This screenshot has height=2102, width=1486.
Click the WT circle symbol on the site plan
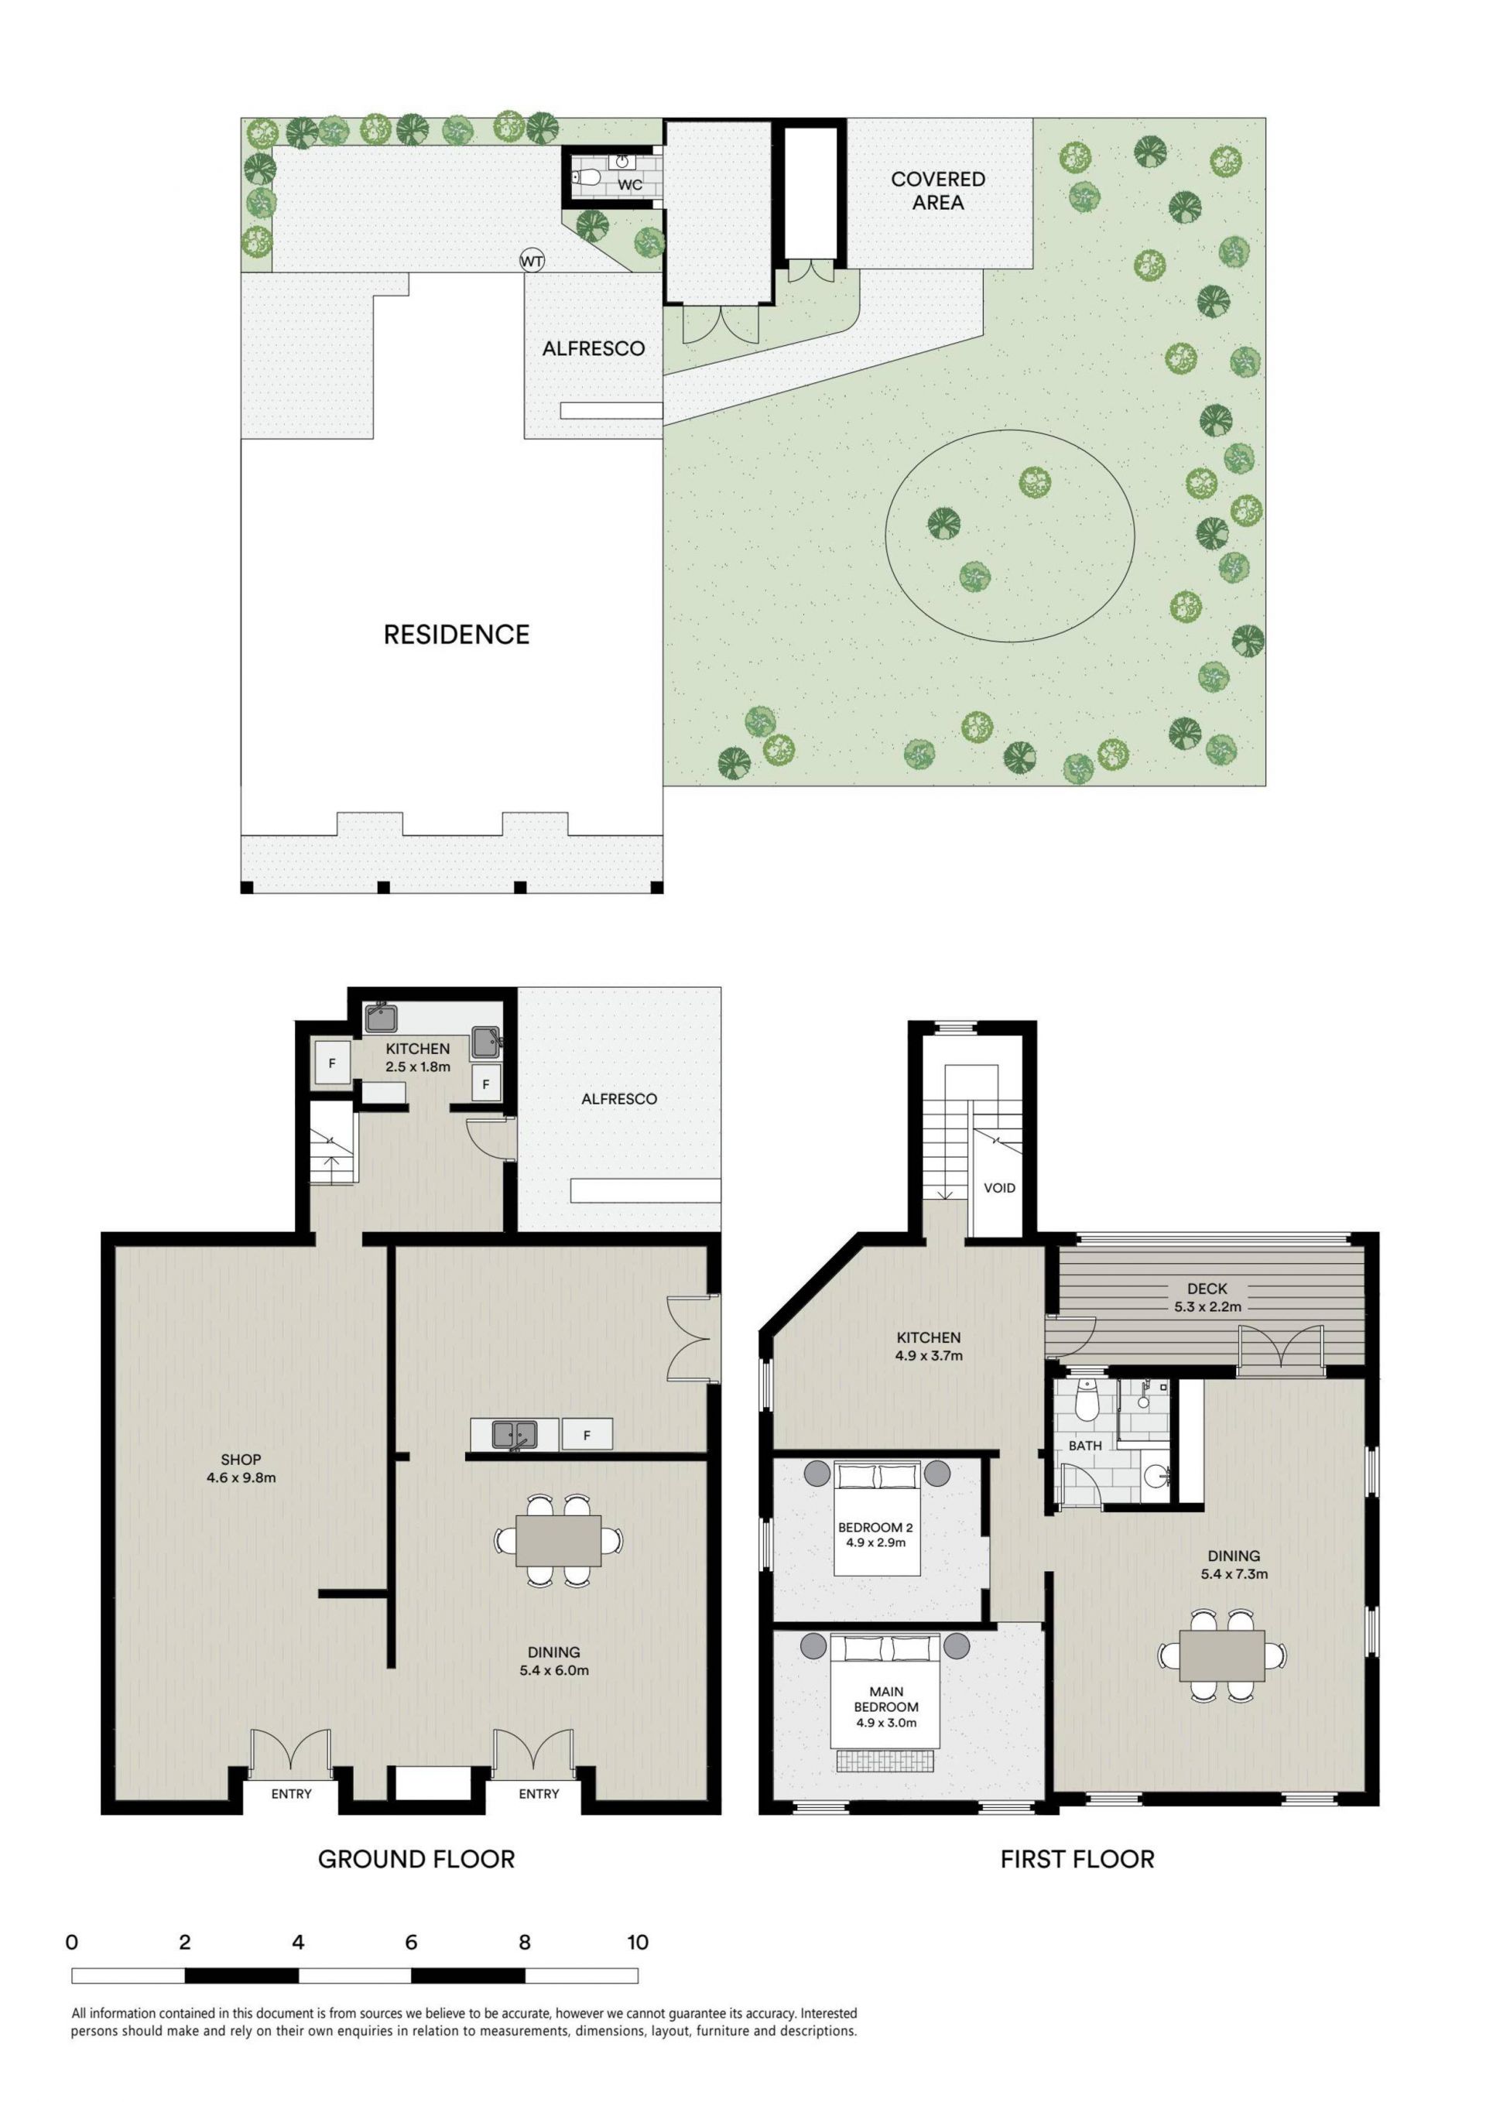532,261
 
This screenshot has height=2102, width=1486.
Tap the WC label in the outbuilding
630,185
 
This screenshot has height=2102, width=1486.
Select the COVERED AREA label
939,190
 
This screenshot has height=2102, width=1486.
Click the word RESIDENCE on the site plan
456,635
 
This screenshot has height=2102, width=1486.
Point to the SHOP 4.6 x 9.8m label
241,1468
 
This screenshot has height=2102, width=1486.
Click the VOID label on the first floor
999,1188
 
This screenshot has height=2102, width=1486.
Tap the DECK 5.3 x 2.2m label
1207,1297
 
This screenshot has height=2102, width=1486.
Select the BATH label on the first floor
1085,1446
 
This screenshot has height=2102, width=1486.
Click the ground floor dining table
559,1541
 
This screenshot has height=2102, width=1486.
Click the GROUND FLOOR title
416,1860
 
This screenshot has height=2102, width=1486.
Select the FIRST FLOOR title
1077,1860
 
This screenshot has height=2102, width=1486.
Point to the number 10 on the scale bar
637,1942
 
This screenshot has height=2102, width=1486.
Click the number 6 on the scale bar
411,1942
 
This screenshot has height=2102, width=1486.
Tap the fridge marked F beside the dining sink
587,1436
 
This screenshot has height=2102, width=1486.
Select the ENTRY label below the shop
291,1793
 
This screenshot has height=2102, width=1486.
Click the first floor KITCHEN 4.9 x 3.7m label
929,1347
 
